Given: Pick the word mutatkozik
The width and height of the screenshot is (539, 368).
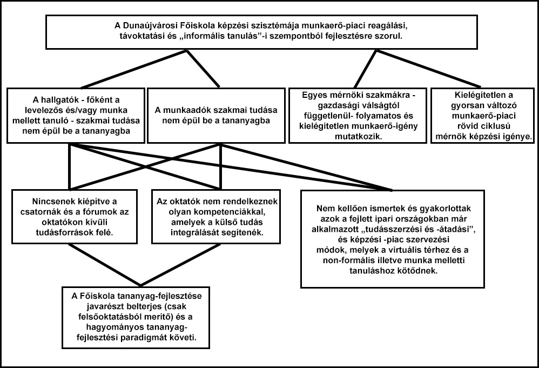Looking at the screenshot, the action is tap(358, 137).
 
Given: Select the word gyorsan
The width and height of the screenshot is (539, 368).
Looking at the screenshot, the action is tap(468, 105).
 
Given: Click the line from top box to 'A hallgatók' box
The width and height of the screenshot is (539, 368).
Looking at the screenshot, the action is tap(133, 69).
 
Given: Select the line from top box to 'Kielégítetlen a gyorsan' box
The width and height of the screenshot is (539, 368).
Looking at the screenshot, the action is tap(429, 69).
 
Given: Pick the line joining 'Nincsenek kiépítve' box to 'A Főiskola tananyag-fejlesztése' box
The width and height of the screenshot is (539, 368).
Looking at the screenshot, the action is tap(104, 265).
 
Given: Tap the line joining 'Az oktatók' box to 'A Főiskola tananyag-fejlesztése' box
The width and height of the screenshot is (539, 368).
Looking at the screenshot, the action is tap(180, 265).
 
